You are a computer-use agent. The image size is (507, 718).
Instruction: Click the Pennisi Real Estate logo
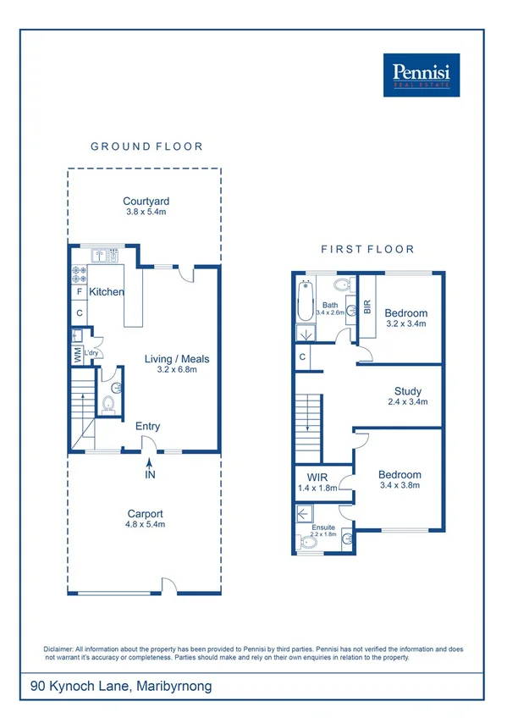point(421,75)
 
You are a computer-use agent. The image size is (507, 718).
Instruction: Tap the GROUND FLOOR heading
point(146,146)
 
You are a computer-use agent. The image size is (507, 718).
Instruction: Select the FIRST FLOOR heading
point(367,249)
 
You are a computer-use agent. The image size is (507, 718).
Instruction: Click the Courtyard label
point(146,201)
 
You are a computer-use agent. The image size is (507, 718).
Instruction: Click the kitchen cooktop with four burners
point(80,273)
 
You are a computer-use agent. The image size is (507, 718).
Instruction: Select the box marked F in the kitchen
point(80,292)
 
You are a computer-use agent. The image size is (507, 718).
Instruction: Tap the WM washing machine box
point(77,354)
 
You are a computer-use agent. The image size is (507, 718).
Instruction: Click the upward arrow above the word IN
point(150,462)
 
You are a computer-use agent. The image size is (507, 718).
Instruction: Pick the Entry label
point(147,427)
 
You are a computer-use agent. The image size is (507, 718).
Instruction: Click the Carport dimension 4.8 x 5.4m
point(146,525)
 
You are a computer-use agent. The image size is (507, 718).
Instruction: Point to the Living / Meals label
point(176,359)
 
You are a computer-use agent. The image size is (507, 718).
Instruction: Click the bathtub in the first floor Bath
point(304,301)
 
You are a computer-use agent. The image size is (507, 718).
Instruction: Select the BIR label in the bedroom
point(367,307)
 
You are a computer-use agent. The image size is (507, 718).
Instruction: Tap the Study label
point(408,390)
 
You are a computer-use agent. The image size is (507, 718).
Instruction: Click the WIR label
point(317,477)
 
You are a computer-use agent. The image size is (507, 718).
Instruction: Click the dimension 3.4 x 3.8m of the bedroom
point(400,487)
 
